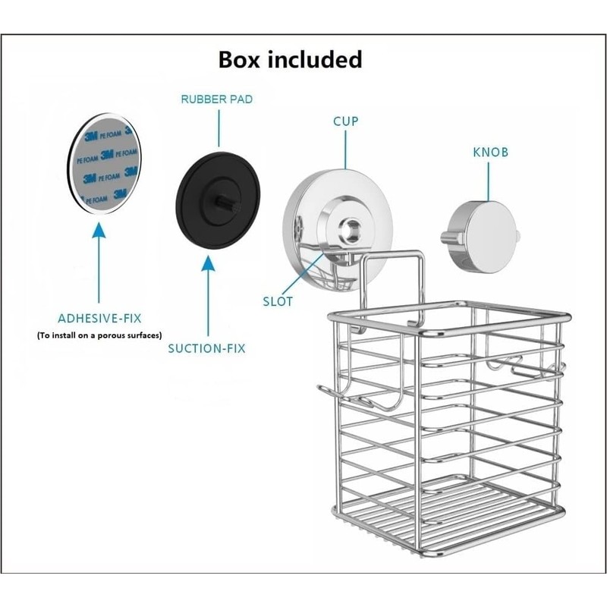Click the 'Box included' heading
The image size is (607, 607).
[290, 60]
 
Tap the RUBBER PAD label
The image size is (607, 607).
[217, 99]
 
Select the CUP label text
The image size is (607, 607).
[346, 121]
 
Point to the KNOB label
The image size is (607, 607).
[490, 153]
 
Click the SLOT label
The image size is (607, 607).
[278, 301]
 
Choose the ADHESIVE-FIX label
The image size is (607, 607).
[99, 318]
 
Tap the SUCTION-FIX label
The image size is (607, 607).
[206, 348]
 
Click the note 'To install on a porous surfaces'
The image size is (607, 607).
[99, 335]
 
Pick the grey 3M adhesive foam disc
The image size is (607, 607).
[105, 163]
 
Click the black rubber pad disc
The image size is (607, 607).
[218, 200]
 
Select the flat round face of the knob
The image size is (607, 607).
[492, 237]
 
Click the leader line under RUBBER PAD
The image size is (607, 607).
[219, 128]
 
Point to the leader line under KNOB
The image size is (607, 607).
[488, 181]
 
